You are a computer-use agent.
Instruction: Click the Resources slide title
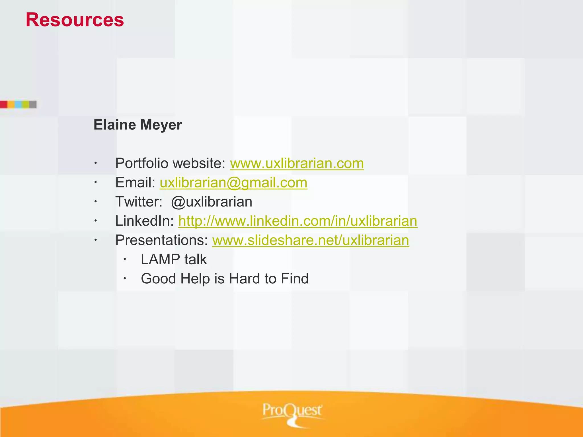[x=75, y=20]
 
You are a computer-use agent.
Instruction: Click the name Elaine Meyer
[x=138, y=125]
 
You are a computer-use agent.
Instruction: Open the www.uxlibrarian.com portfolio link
[x=297, y=164]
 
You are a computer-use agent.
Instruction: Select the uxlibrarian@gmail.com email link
[x=233, y=183]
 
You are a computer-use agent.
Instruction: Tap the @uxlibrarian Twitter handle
[x=212, y=202]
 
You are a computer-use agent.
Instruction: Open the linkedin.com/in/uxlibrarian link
[x=298, y=221]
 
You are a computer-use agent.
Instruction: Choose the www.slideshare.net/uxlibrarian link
[x=311, y=240]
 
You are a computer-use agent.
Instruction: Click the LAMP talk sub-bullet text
[x=174, y=259]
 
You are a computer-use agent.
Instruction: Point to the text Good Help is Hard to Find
[x=225, y=279]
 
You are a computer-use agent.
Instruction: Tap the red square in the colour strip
[x=3, y=104]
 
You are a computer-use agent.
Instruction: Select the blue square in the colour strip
[x=18, y=104]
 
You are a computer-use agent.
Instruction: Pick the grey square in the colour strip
[x=33, y=104]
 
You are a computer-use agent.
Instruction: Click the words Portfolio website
[x=170, y=164]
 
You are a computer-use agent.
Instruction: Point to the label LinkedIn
[x=144, y=221]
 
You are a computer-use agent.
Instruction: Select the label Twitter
[x=139, y=202]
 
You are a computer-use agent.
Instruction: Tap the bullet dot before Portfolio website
[x=96, y=163]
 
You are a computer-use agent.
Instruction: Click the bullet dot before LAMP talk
[x=124, y=259]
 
